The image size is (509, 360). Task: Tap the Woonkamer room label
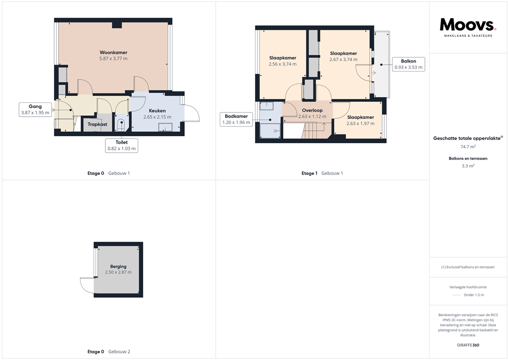(113, 52)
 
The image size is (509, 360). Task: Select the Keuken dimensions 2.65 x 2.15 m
(157, 117)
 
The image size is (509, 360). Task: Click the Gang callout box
(35, 109)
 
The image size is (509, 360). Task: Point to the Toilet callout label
(122, 145)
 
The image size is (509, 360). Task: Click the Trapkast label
(97, 124)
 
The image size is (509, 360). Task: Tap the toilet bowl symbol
(121, 123)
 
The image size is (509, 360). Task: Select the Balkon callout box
(408, 64)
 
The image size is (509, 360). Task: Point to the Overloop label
(312, 110)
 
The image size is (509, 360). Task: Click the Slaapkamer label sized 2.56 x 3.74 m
(282, 58)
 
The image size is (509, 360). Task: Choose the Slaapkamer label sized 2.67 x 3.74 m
(343, 54)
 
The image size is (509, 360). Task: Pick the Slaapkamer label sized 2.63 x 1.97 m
(360, 117)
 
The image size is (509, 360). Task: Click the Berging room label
(118, 267)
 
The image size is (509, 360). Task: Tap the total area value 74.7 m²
(468, 147)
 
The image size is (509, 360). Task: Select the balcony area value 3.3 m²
(468, 167)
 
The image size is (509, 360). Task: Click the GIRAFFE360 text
(468, 345)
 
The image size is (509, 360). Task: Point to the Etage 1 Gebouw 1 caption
(322, 174)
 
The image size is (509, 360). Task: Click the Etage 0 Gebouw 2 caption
(108, 352)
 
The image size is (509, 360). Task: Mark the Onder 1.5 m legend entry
(473, 295)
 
